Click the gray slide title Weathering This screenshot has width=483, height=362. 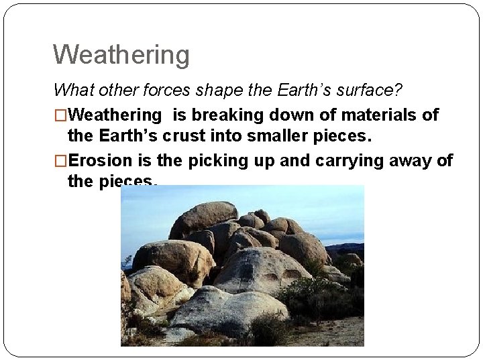(x=121, y=54)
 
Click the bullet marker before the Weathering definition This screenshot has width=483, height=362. (x=60, y=115)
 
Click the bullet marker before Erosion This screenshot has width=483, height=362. (x=60, y=161)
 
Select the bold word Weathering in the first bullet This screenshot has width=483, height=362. (x=115, y=115)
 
